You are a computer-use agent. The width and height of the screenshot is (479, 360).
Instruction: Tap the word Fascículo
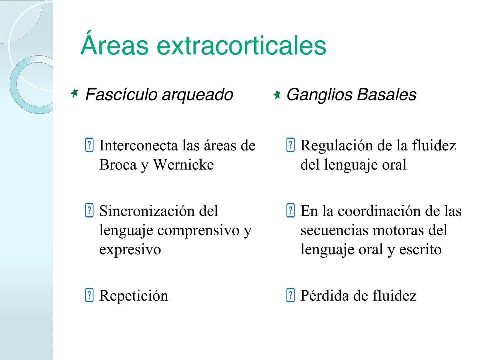121,95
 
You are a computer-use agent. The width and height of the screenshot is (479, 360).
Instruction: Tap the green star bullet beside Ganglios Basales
276,95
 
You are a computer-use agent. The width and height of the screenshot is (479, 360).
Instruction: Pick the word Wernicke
183,165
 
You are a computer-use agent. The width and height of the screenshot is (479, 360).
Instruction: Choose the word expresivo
130,250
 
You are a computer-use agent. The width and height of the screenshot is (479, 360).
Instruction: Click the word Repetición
134,296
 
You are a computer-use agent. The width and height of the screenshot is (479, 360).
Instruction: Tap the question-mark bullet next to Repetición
89,296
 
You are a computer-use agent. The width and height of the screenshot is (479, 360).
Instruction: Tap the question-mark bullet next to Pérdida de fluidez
290,296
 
